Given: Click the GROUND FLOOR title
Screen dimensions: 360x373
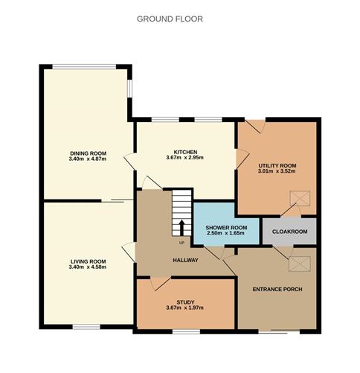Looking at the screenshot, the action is pos(170,19).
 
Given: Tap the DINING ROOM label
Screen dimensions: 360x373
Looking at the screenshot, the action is pos(89,153).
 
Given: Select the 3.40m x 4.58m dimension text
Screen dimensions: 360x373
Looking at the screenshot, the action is pos(88,267).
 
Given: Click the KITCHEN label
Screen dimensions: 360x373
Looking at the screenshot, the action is pos(185,152).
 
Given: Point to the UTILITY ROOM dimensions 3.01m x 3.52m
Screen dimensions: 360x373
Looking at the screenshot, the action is pos(277,170).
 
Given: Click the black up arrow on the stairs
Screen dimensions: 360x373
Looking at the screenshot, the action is pos(181,228).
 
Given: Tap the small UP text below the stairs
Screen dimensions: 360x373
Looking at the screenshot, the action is pos(181,243).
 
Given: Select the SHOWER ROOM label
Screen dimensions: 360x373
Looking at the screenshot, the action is pos(226,228).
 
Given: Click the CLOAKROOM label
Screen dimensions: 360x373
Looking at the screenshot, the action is pos(289,232).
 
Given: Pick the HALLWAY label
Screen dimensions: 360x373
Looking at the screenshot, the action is pos(185,260).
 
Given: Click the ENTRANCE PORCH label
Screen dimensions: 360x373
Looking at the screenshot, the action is pos(277,290).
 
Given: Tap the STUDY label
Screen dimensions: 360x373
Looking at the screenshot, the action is pos(185,302).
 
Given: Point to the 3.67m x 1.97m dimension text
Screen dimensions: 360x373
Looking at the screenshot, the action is pos(185,307).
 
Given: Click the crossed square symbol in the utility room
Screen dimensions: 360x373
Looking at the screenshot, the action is pos(300,198).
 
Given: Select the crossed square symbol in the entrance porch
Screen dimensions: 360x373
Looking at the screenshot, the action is pos(300,264).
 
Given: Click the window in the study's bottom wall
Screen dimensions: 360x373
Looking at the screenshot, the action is pos(186,331).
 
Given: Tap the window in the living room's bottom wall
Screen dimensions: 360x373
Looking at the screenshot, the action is pos(86,327).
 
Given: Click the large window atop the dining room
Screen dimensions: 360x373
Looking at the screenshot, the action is pos(84,67).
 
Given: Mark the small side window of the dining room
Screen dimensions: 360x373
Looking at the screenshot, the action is pos(129,89).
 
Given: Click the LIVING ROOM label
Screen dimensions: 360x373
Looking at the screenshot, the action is pos(89,261).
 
